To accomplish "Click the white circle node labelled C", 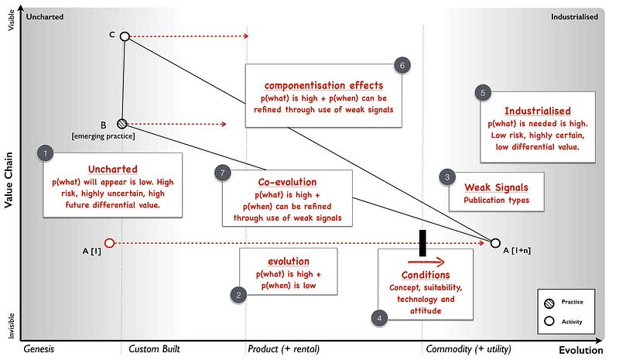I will pyautogui.click(x=125, y=36).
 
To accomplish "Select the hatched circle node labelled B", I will pyautogui.click(x=121, y=123).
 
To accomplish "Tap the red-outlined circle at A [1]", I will pyautogui.click(x=109, y=243).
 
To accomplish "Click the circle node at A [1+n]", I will pyautogui.click(x=495, y=243).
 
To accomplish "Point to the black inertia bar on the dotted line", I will pyautogui.click(x=422, y=242).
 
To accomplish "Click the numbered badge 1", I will pyautogui.click(x=46, y=153).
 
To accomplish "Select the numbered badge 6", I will pyautogui.click(x=401, y=65).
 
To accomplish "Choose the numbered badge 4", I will pyautogui.click(x=379, y=317).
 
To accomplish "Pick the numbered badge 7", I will pyautogui.click(x=221, y=173).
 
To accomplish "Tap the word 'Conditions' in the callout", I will pyautogui.click(x=425, y=275).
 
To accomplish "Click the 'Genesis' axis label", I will pyautogui.click(x=39, y=349).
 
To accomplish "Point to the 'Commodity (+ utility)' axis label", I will pyautogui.click(x=463, y=349).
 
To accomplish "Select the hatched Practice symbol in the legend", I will pyautogui.click(x=549, y=302).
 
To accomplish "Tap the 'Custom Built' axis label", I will pyautogui.click(x=155, y=349).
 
